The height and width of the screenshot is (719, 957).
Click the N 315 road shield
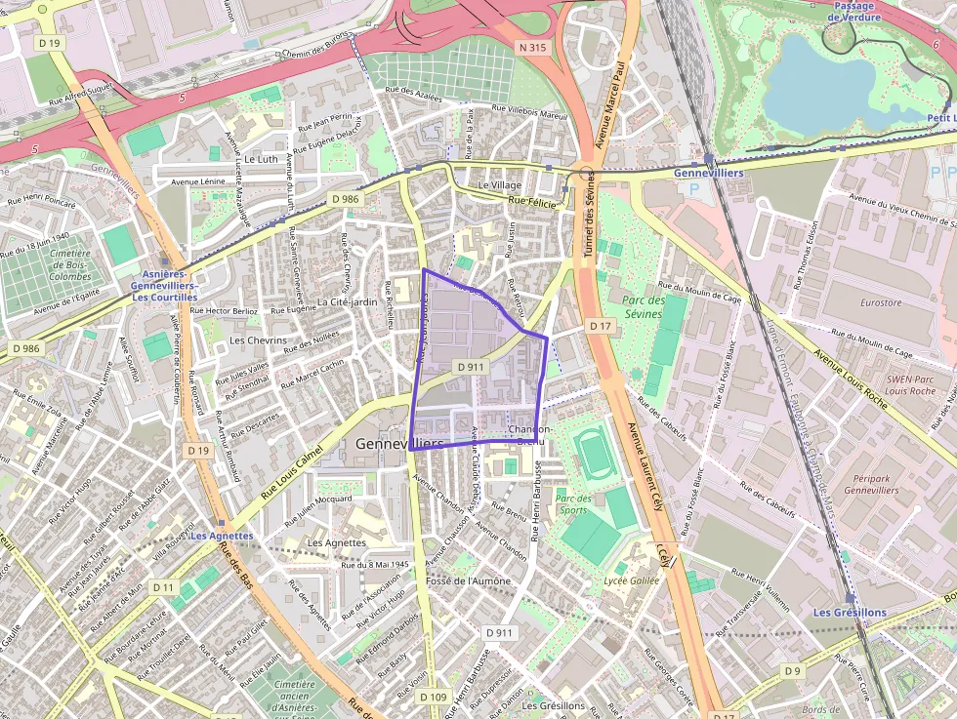(x=533, y=47)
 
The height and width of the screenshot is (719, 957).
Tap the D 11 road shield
(x=162, y=587)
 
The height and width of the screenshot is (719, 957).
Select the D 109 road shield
(x=433, y=698)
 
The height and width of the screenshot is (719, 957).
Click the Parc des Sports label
(x=572, y=503)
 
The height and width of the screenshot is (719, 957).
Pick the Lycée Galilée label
(x=632, y=581)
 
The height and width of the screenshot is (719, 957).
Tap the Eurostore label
(x=881, y=302)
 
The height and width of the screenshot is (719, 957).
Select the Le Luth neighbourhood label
(x=262, y=158)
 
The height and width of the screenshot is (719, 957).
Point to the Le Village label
(x=499, y=184)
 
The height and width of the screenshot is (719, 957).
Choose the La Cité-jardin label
(x=347, y=302)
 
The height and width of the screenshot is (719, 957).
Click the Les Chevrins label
(x=258, y=340)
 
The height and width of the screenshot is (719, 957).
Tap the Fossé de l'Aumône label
(x=469, y=580)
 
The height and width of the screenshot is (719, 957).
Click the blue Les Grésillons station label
(x=850, y=612)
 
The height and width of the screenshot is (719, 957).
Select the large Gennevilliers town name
(x=399, y=443)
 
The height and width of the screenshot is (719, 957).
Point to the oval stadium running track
(x=592, y=452)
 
